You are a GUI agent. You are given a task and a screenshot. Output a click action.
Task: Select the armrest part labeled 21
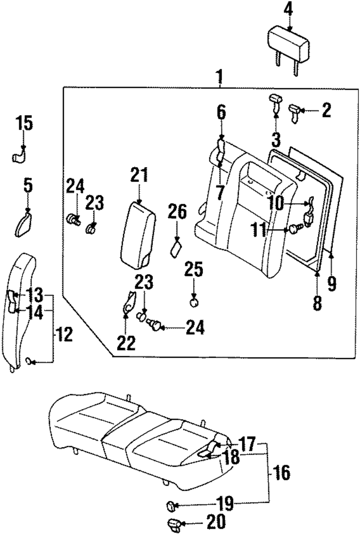tap(138, 234)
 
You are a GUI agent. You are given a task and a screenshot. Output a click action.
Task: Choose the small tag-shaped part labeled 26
tap(176, 249)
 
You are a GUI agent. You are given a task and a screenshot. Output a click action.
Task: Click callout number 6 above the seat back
tap(221, 113)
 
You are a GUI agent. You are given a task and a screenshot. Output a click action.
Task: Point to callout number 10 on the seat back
tap(276, 204)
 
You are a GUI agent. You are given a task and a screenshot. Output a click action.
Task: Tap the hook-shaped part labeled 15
tap(20, 157)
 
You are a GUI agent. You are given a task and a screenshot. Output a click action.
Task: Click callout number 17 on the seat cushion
tap(246, 444)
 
